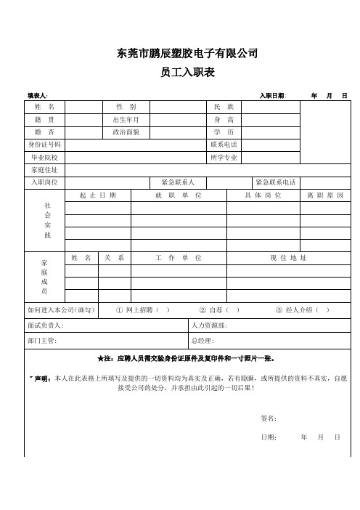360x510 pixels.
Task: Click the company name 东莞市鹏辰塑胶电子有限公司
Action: click(x=187, y=53)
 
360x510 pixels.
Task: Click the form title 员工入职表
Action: click(x=187, y=73)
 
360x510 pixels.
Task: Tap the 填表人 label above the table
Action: click(x=38, y=95)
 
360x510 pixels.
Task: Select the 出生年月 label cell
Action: click(x=126, y=120)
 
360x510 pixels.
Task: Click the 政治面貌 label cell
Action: click(x=126, y=132)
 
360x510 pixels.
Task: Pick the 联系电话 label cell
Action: click(x=224, y=145)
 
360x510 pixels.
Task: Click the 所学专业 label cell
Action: click(x=224, y=157)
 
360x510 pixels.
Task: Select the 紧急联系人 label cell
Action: click(x=187, y=182)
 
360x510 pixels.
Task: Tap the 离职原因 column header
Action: click(x=324, y=195)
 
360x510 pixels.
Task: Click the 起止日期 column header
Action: click(x=98, y=195)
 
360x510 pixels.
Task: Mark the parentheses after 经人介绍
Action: click(x=322, y=309)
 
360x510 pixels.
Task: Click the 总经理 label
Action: click(x=202, y=340)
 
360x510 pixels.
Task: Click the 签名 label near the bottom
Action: click(x=268, y=418)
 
